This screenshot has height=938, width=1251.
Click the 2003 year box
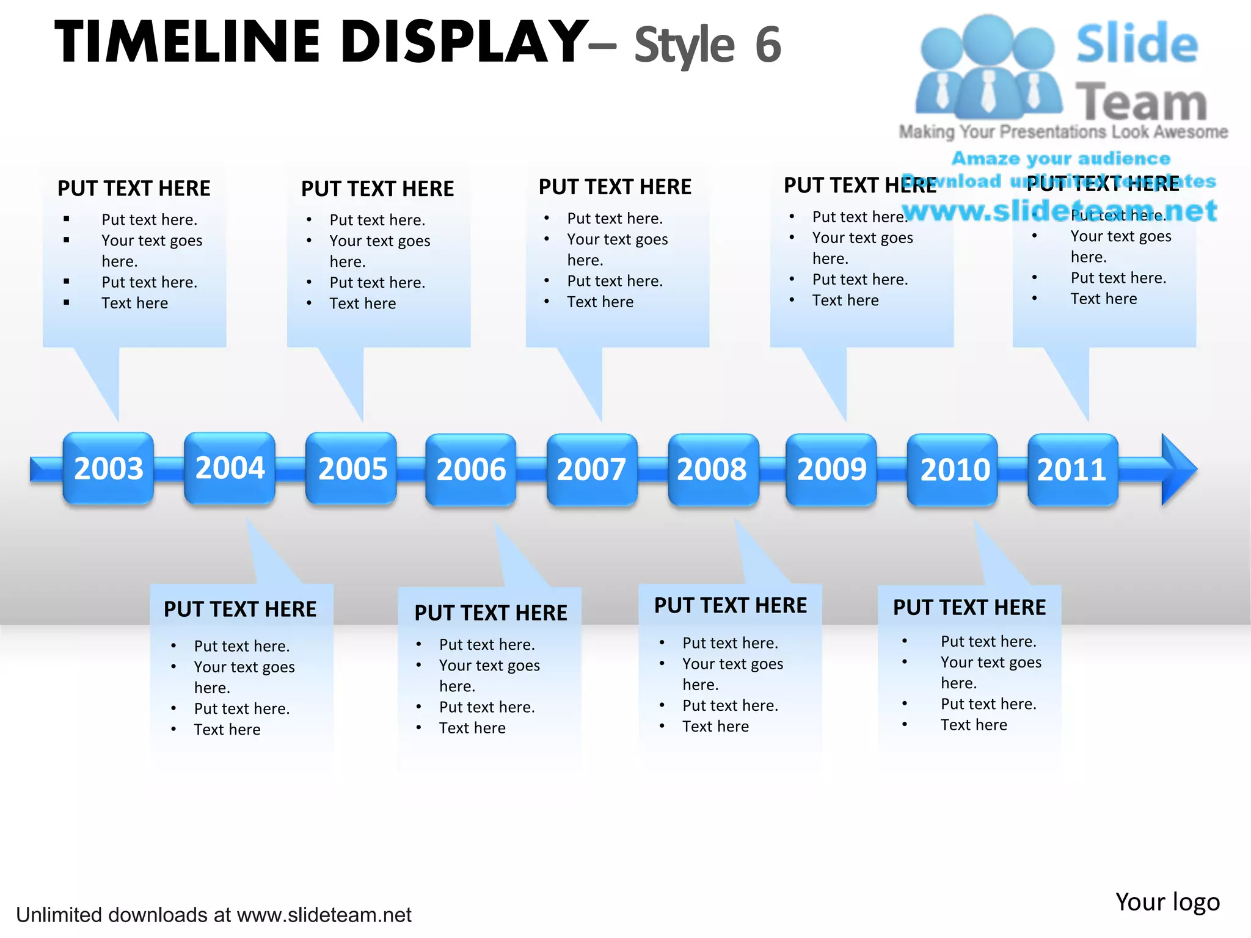pos(108,468)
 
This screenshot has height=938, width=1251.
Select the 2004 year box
pos(230,468)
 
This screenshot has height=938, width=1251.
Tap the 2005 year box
pos(351,468)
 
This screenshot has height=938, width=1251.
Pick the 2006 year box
pos(471,469)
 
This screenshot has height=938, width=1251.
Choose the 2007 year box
pos(591,469)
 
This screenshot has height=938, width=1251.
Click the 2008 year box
pos(713,469)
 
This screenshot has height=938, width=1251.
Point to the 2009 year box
pos(831,469)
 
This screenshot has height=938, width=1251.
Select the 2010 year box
pos(953,470)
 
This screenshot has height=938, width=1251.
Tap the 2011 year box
pos(1073,470)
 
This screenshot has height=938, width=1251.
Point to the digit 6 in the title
pos(768,45)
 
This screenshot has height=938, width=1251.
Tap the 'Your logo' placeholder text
pos(1167,902)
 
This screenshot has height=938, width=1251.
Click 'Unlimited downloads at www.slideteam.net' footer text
pos(214,915)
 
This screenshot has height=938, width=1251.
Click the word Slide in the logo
pos(1137,44)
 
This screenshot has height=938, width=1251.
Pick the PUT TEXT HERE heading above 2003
pos(134,188)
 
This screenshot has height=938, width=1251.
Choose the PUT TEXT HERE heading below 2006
pos(491,613)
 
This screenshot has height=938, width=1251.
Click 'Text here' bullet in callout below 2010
pos(974,725)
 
